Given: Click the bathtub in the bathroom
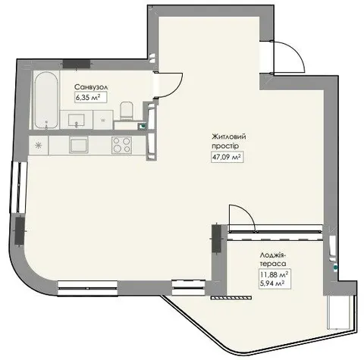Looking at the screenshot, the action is coord(45,100).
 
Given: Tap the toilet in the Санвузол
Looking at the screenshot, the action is coord(127,111).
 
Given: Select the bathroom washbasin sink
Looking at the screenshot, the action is coord(77,120).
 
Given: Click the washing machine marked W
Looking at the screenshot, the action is coord(103,121).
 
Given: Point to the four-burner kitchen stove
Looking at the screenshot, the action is coord(121,145).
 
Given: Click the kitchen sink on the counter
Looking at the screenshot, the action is coord(79,145).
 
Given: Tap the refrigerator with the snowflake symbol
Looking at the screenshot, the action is coord(39,145).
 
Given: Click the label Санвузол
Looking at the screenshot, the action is coord(91,87).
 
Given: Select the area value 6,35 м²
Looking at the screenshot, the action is coord(91,97).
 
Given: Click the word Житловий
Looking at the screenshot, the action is coord(229,136).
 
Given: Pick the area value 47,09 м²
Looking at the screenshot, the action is coord(227,157).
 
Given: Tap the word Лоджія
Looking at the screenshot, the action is coord(273,255).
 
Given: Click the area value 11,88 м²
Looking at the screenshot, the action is coord(275,274).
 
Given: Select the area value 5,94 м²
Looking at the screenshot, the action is coord(272,283).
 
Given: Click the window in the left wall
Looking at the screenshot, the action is coord(19,187).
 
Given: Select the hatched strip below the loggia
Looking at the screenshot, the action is coord(231,298).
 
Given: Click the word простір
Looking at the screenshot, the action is coord(225,146).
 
